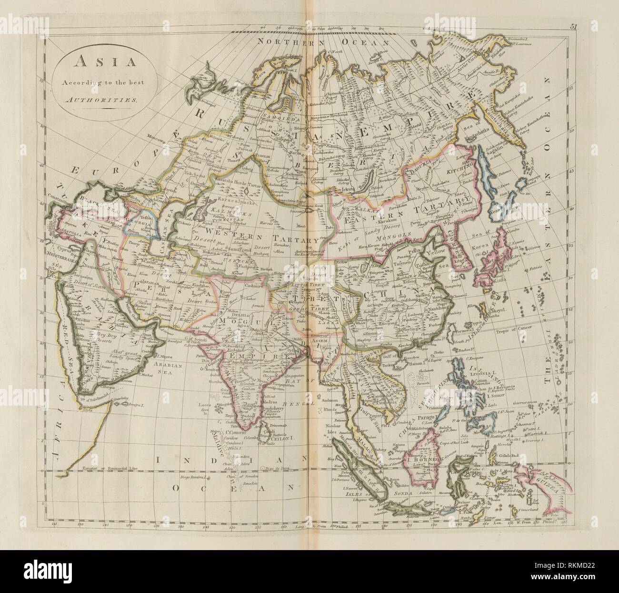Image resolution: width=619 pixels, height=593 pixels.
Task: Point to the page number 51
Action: [x=573, y=28]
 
